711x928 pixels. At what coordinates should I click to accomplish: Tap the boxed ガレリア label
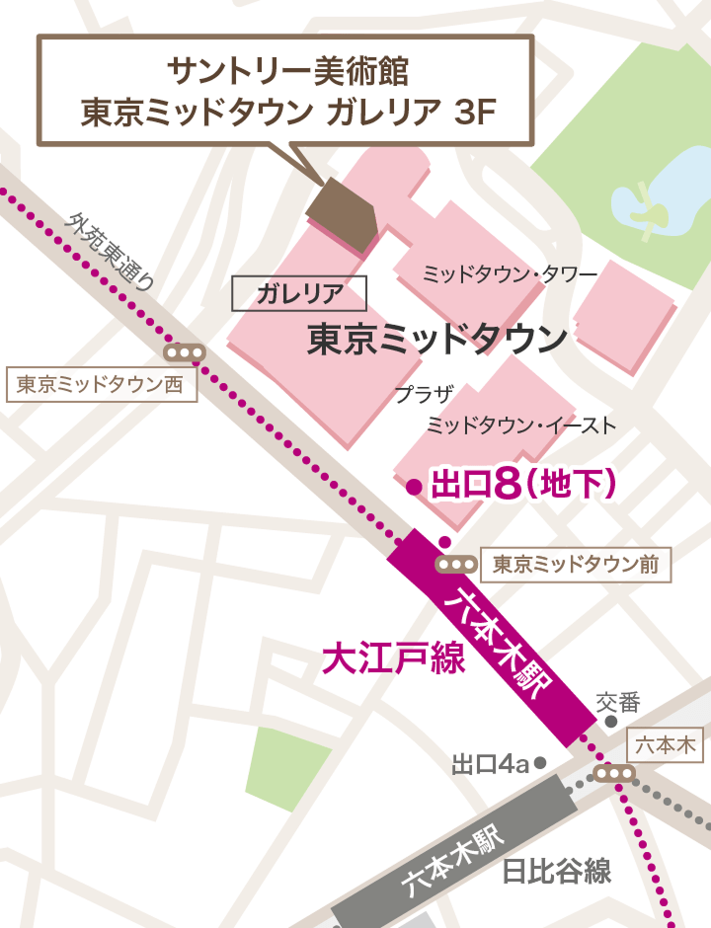pos(298,292)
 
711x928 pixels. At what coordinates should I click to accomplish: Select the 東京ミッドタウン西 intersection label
pos(101,384)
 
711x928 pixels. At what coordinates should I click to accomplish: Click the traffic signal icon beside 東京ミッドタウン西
pos(185,352)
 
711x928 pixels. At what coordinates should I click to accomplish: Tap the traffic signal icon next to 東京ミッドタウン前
pos(455,564)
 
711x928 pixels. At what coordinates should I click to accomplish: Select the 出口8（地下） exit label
pos(524,484)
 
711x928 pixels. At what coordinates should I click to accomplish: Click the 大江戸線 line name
pos(394,659)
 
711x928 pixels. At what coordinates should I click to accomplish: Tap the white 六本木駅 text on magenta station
pos(503,643)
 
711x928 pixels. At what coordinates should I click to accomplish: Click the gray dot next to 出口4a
pos(540,763)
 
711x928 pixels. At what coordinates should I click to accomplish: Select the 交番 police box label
pos(619,703)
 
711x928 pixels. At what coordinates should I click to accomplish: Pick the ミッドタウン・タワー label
pos(510,273)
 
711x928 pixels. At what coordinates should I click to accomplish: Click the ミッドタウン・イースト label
pos(520,425)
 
